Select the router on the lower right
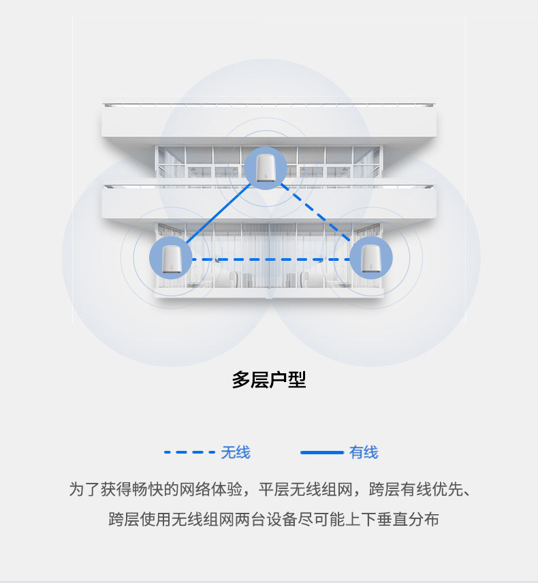(370, 258)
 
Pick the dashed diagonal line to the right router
(317, 212)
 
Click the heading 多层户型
(269, 380)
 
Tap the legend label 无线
(236, 452)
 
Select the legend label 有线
(363, 452)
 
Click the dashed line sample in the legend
(189, 452)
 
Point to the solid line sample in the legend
(321, 452)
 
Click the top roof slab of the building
(269, 123)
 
